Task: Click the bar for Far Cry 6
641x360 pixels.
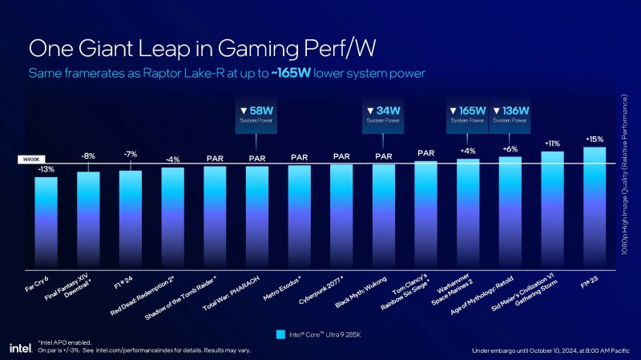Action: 46,220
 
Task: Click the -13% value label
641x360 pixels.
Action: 46,169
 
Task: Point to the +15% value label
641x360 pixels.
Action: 595,138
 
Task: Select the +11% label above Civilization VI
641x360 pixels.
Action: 552,144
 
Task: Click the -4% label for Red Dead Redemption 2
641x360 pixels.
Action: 172,159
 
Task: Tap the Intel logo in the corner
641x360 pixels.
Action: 19,347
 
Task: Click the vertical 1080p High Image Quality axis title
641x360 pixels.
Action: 630,176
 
